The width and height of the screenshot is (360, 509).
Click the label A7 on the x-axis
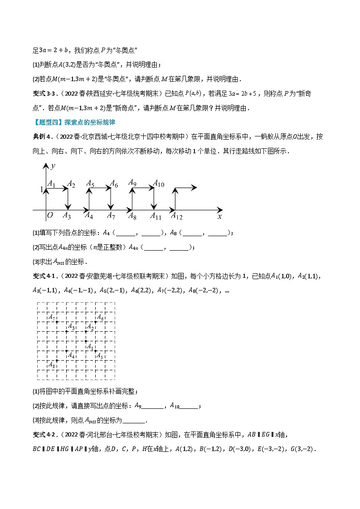click(111, 216)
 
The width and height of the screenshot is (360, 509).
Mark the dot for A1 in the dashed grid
click(86, 341)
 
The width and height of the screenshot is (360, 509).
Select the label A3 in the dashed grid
click(71, 327)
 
